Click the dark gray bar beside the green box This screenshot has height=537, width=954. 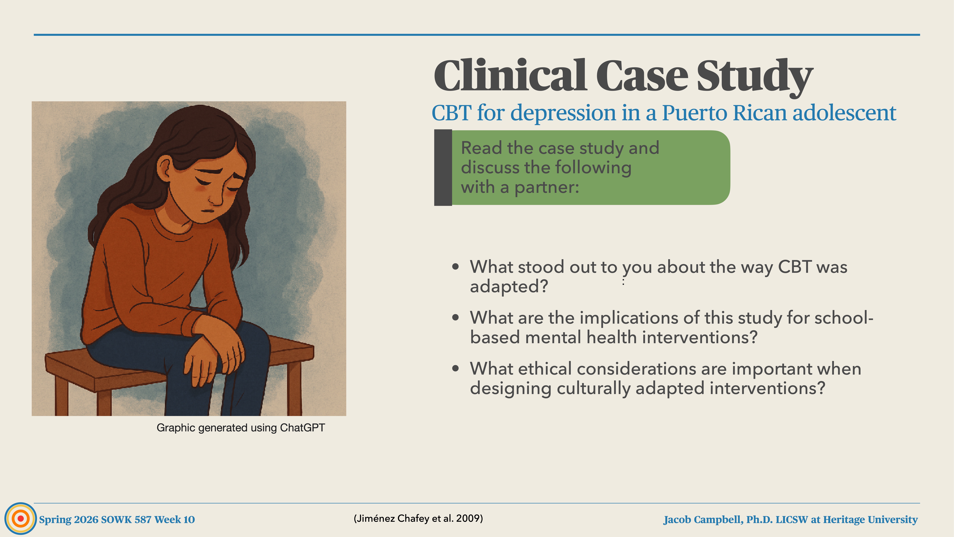pos(443,168)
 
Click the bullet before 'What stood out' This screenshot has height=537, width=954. pos(455,267)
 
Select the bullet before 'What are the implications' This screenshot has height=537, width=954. pos(455,318)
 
